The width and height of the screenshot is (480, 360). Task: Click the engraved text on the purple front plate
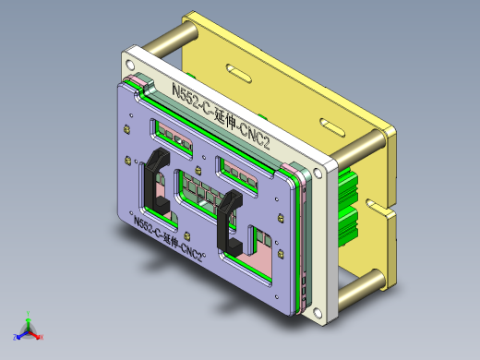pos(169,235)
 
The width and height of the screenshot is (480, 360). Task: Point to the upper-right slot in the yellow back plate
pos(331,125)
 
